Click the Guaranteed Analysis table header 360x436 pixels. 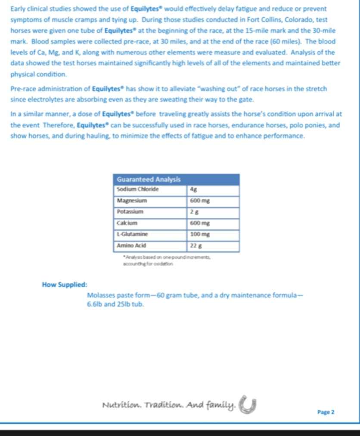149,179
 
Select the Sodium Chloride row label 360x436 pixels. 138,189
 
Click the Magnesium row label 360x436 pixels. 132,201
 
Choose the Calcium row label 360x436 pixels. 127,223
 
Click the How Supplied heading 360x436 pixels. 65,285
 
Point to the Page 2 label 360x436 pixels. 326,412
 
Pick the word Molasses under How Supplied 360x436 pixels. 102,296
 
